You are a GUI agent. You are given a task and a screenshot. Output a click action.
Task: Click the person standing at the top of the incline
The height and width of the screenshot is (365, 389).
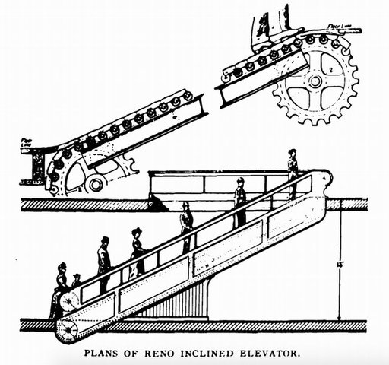point(293,173)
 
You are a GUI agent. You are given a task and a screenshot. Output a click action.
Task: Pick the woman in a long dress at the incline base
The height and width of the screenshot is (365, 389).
point(59,289)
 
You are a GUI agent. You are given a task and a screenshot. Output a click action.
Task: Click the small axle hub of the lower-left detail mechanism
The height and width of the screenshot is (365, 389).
point(94,182)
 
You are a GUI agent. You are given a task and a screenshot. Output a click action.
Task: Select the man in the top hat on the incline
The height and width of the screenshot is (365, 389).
point(103,262)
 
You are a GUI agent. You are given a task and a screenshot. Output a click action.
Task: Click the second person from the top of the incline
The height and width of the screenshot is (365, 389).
point(239,202)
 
